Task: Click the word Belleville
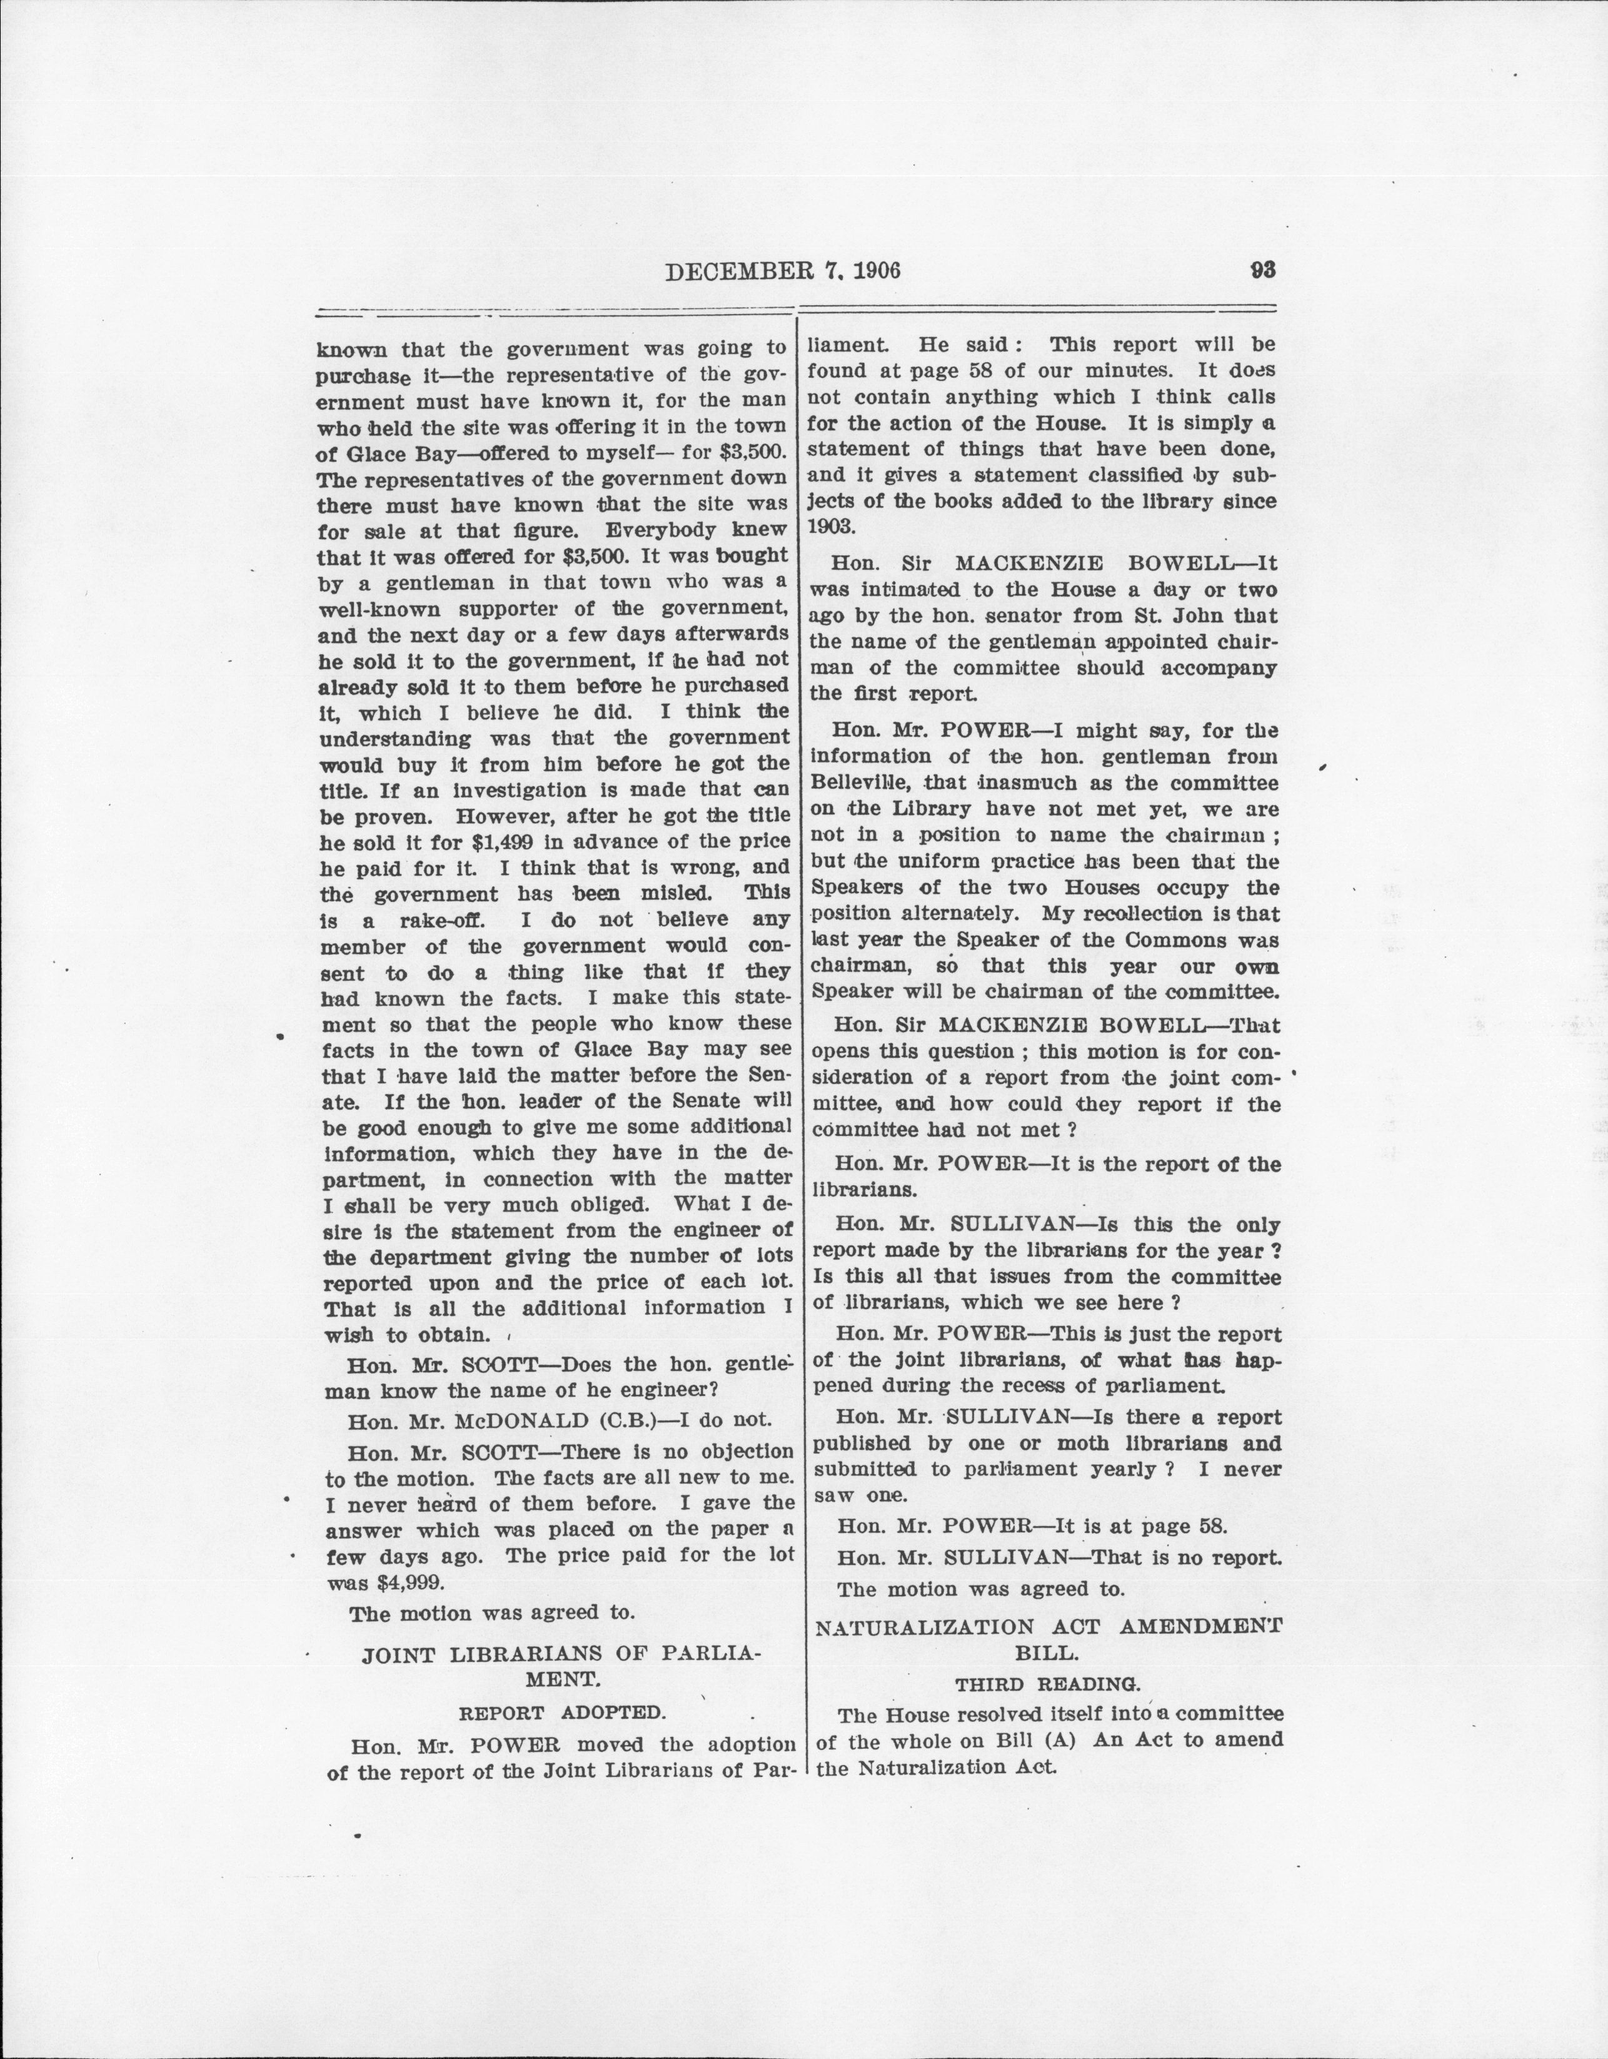click(x=860, y=782)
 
